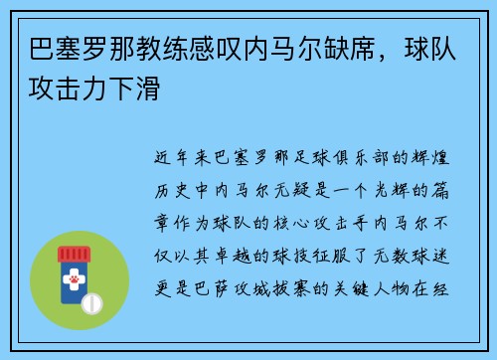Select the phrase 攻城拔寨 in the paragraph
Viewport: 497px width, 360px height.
coord(290,289)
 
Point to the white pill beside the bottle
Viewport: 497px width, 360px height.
coord(92,302)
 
